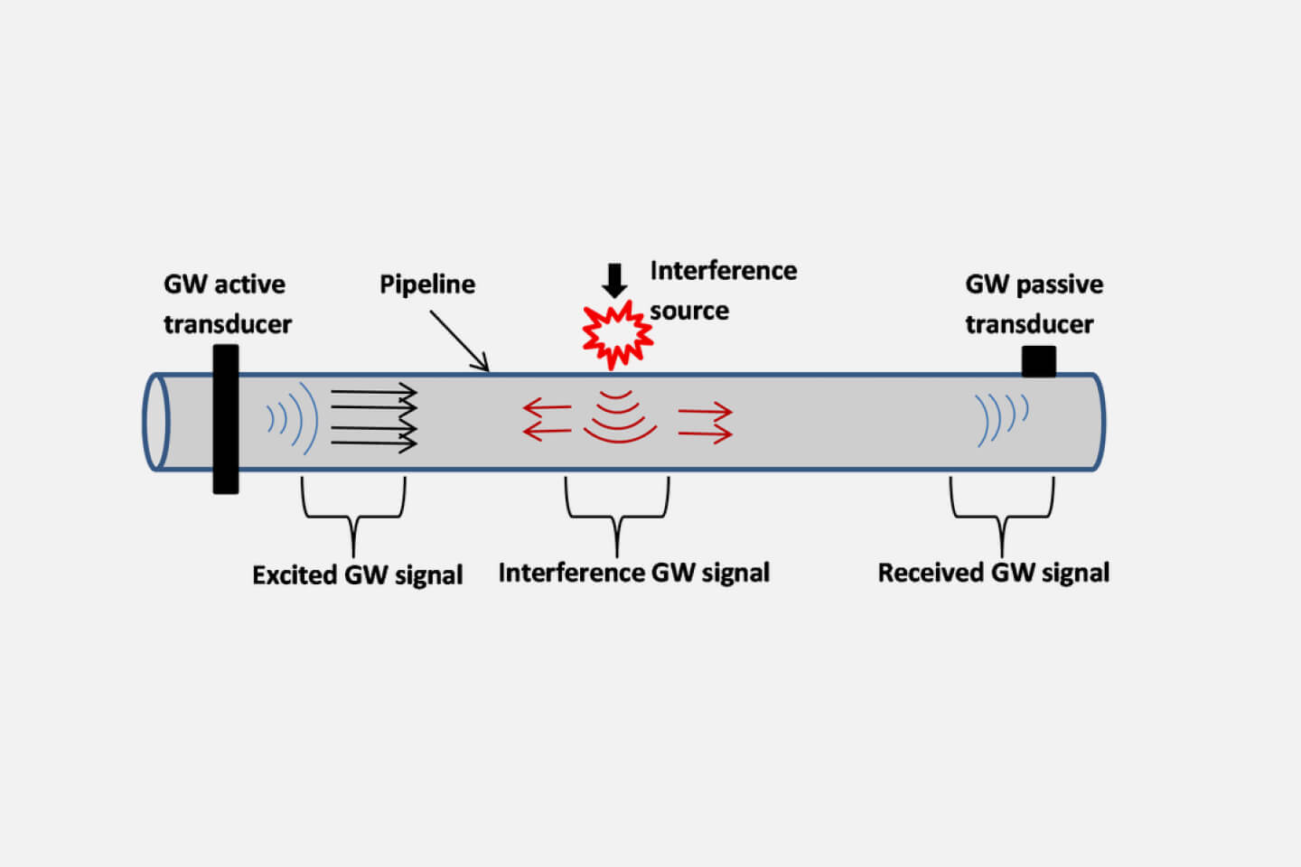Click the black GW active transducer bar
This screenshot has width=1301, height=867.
point(226,419)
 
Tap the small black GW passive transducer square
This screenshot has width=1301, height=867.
point(1038,361)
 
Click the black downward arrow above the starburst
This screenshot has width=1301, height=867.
point(614,280)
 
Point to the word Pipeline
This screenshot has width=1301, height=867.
point(427,284)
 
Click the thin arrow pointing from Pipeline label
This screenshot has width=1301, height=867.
point(459,340)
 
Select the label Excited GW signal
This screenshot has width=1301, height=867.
point(357,575)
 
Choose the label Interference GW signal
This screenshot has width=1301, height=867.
point(634,573)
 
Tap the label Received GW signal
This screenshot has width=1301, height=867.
point(994,573)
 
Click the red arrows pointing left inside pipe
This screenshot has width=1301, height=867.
point(547,421)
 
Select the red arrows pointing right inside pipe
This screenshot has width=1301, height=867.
point(706,423)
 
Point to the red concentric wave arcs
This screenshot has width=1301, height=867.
point(619,416)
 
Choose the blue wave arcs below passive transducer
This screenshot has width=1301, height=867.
point(1002,418)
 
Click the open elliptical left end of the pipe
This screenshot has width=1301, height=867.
point(156,422)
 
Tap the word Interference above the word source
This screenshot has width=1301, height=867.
point(724,271)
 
